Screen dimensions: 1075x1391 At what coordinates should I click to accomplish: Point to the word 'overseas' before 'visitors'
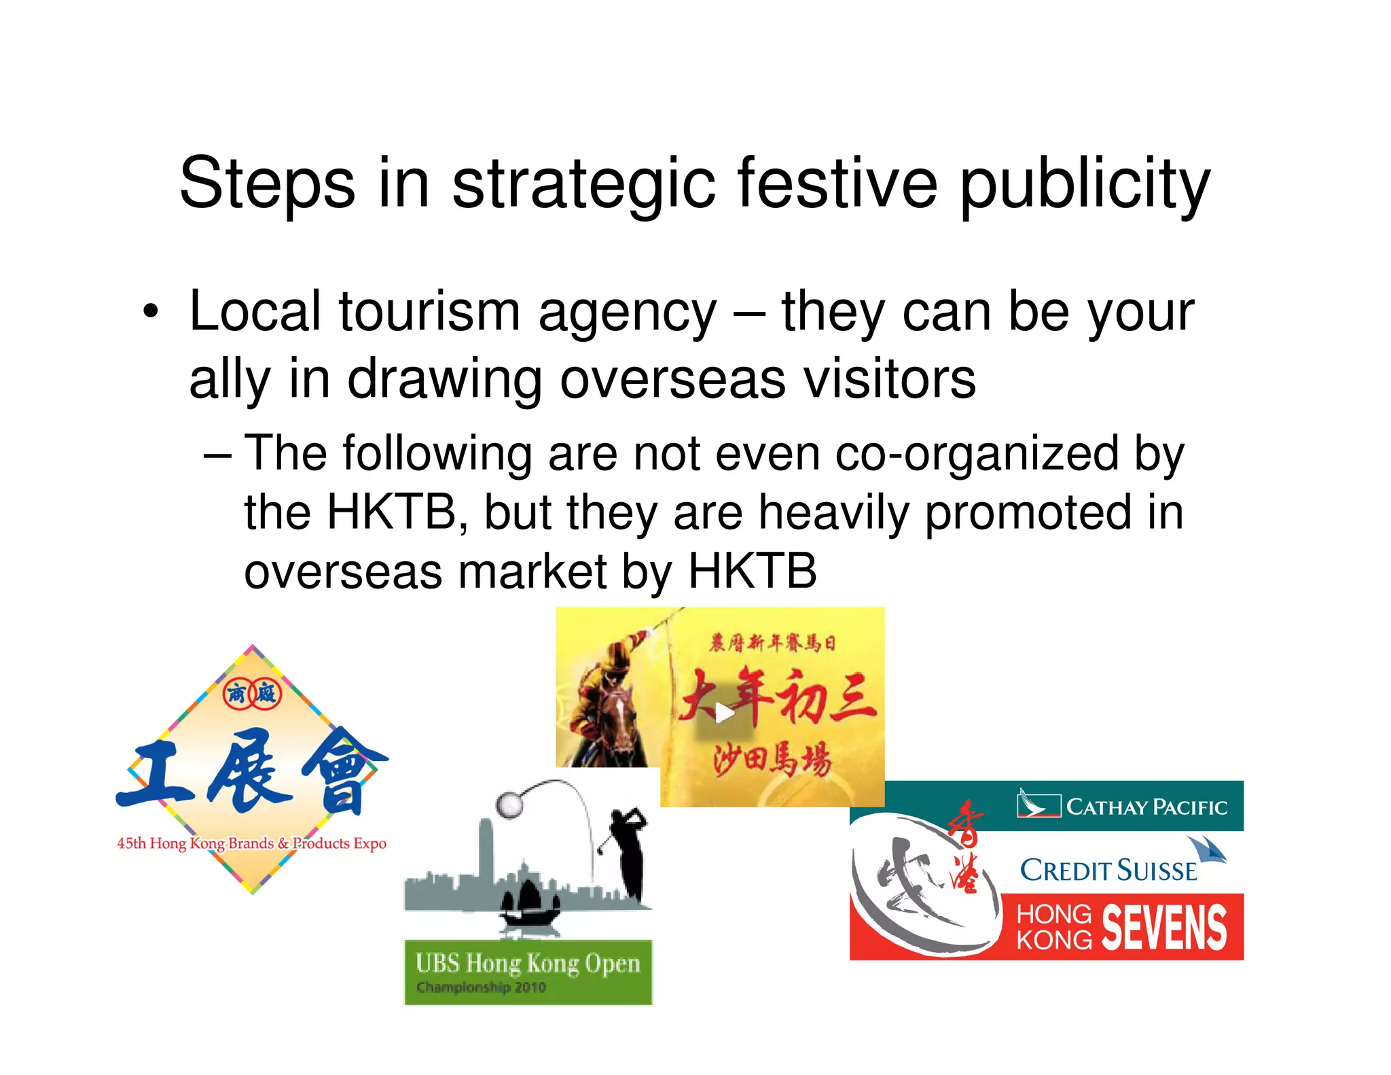coord(672,379)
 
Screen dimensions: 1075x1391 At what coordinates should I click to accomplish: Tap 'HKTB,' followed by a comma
coord(397,512)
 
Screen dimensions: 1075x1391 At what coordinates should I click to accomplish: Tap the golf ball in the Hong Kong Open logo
coord(509,805)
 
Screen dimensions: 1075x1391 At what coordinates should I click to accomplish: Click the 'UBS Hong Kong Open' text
coord(527,964)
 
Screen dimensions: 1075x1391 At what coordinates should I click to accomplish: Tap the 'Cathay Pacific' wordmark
coord(1146,807)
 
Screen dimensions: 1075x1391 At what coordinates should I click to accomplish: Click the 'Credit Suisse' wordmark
coord(1108,870)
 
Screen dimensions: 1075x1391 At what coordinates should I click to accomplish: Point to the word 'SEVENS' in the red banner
coord(1164,928)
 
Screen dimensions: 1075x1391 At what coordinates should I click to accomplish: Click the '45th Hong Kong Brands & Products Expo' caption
coord(251,844)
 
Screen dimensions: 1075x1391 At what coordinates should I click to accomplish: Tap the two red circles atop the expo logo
coord(251,694)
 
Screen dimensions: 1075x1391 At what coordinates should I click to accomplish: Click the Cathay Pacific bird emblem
coord(1038,804)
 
